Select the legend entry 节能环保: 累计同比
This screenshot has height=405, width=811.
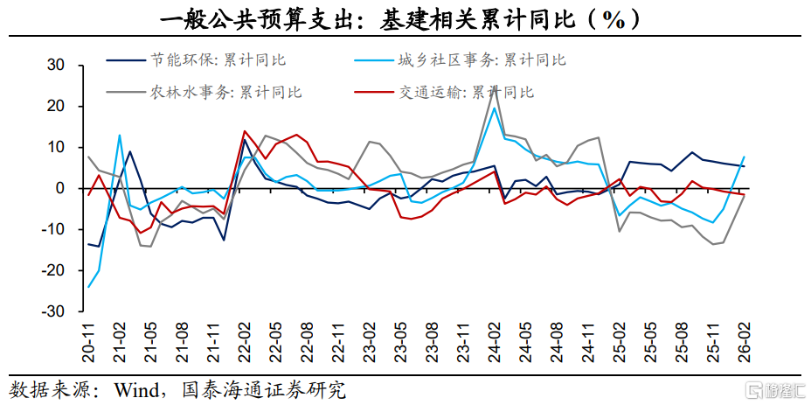pos(197,60)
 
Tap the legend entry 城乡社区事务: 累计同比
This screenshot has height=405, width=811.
pos(460,60)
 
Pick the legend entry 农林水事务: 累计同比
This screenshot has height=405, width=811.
pos(204,93)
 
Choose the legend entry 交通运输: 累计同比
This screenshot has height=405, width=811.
pos(444,93)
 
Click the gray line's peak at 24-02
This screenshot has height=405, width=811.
pos(495,88)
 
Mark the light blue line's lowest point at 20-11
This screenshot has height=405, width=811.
pos(88,287)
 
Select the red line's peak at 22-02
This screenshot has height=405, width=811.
pos(244,131)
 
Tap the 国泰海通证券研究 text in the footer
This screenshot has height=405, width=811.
pos(263,389)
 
